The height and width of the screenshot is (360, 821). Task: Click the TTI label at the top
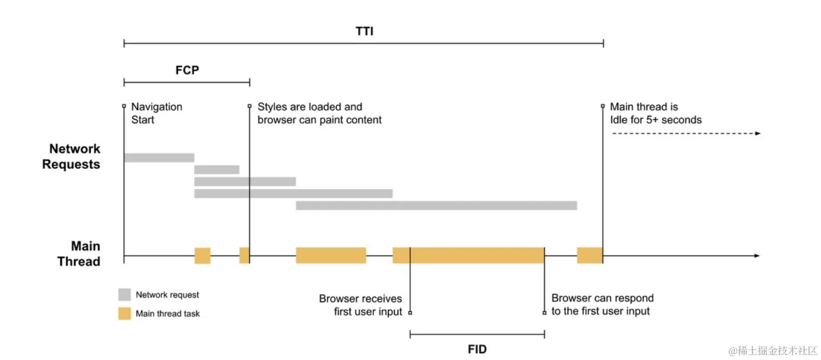[365, 31]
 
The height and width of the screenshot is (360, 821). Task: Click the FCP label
[187, 71]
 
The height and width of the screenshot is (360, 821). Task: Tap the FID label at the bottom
[477, 349]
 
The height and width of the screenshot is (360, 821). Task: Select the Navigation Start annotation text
[157, 113]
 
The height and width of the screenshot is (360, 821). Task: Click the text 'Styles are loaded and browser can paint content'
[319, 113]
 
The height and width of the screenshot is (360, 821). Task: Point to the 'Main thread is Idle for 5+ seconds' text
[655, 113]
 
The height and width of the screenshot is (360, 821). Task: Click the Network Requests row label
[71, 157]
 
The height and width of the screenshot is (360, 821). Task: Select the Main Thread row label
[79, 254]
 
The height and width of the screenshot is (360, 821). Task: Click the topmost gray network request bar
[159, 158]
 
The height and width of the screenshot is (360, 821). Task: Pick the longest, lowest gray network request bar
[436, 206]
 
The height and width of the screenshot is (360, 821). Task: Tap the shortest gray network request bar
[216, 169]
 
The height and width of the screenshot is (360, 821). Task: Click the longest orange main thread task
[468, 255]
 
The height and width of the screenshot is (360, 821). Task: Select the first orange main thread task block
[202, 255]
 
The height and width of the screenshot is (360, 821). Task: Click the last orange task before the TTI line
[590, 255]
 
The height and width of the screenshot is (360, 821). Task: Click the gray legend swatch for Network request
[124, 295]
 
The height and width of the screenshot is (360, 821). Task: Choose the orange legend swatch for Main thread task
[124, 313]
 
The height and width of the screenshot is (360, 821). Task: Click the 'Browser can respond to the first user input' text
[602, 305]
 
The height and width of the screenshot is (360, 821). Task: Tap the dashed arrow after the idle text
[686, 134]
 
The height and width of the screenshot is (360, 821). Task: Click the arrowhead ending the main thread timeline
[756, 256]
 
